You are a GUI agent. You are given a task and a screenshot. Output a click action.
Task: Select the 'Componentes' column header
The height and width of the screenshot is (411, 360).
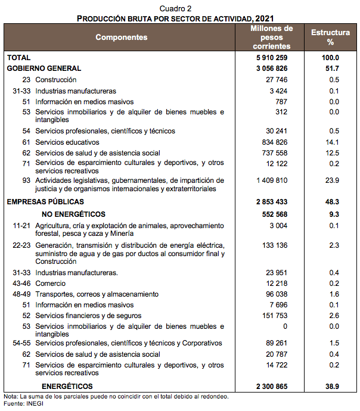(x=121, y=37)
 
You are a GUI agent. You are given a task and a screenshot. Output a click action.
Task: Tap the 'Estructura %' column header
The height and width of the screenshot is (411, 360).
(x=330, y=37)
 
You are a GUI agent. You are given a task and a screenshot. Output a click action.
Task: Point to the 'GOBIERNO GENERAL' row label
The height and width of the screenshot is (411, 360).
(x=44, y=68)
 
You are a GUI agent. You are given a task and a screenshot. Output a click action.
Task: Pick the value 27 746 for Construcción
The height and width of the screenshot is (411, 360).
(x=277, y=80)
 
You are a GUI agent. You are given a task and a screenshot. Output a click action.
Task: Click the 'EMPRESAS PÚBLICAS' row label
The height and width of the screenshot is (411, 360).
(x=45, y=202)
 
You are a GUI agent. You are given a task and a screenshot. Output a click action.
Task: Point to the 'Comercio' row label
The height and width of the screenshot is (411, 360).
(x=50, y=283)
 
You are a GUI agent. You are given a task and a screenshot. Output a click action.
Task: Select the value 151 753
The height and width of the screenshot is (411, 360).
(x=275, y=315)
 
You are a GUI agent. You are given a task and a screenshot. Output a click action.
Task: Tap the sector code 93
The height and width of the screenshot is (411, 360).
(x=26, y=180)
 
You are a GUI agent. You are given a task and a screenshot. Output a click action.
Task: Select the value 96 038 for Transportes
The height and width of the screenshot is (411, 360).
(x=277, y=294)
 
